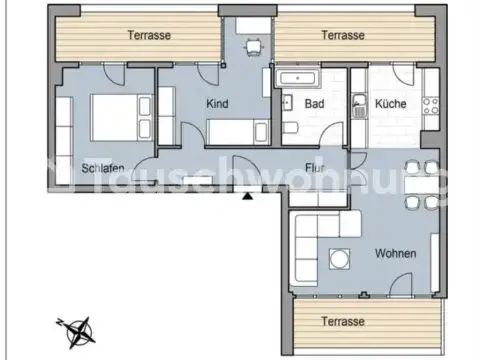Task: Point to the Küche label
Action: (x=391, y=104)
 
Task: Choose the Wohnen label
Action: (x=396, y=254)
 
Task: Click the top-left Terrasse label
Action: (x=149, y=34)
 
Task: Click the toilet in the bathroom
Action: (x=290, y=128)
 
